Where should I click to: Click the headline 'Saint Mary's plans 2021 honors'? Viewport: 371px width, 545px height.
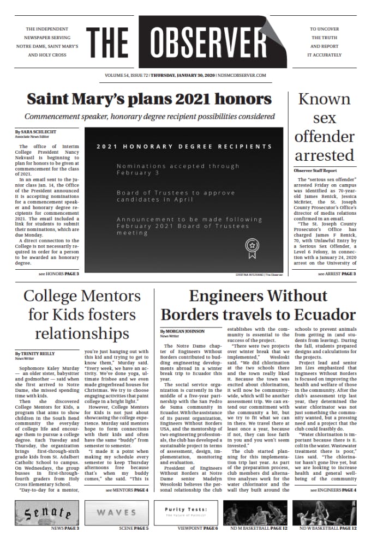149,99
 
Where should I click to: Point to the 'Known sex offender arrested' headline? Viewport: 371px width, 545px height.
325,127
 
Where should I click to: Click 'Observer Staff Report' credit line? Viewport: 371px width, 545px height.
315,171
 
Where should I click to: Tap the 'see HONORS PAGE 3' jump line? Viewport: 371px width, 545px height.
59,273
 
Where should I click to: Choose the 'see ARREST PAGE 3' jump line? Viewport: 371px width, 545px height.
337,273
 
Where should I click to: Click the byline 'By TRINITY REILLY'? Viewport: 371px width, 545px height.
35,354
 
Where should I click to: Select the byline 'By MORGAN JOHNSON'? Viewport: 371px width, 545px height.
182,331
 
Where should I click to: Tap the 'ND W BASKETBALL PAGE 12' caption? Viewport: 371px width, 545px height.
328,529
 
